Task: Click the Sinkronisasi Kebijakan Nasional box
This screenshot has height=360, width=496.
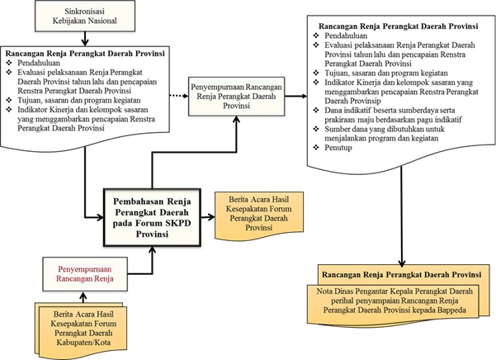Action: [x=85, y=16]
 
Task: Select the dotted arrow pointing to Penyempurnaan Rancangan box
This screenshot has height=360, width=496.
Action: [x=179, y=96]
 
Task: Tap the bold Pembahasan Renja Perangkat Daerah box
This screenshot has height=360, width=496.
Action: [x=152, y=217]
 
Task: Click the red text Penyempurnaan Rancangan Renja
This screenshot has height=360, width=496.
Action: [x=85, y=274]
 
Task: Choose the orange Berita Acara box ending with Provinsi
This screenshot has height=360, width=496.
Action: [x=259, y=215]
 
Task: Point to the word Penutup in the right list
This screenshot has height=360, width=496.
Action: [x=338, y=148]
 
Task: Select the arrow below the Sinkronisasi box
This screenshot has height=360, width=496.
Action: [x=85, y=39]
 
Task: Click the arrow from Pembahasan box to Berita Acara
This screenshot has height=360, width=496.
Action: [x=208, y=217]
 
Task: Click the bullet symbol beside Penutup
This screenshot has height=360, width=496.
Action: [x=316, y=148]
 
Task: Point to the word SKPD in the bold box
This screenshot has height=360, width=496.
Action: [x=178, y=223]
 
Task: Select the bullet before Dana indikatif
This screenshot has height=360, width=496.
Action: [x=316, y=110]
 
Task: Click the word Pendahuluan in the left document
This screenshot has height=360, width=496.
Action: [x=39, y=63]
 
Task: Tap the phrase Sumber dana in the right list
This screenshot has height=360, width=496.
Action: [x=344, y=129]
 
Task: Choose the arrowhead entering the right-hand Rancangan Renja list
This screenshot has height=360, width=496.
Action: [x=304, y=96]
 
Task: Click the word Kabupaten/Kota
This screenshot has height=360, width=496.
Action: [x=83, y=343]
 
